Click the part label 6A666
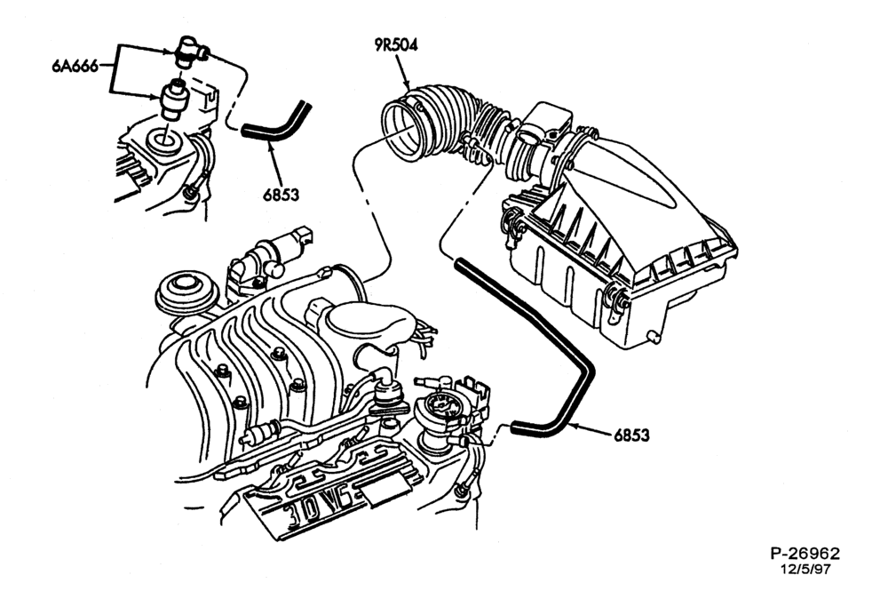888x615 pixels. point(75,67)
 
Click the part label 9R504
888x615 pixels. point(396,45)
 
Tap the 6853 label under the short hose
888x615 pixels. point(281,195)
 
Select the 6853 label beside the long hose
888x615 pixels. point(632,435)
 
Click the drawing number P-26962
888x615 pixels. point(805,553)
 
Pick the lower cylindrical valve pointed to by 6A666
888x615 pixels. point(173,100)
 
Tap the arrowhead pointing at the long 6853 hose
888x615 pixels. point(571,426)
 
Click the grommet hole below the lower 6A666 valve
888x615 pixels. point(164,141)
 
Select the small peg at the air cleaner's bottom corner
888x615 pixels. point(654,337)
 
